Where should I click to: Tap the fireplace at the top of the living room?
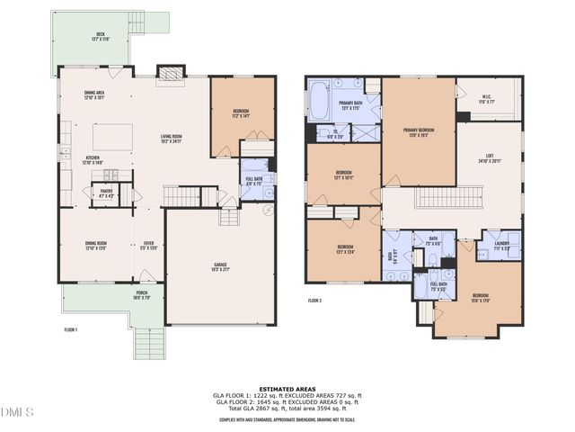point(169,75)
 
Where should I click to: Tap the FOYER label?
point(150,245)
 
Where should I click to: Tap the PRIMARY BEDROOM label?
point(419,132)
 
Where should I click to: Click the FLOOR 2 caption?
point(314,300)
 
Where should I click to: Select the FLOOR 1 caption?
point(70,330)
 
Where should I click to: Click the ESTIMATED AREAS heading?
point(287,389)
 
